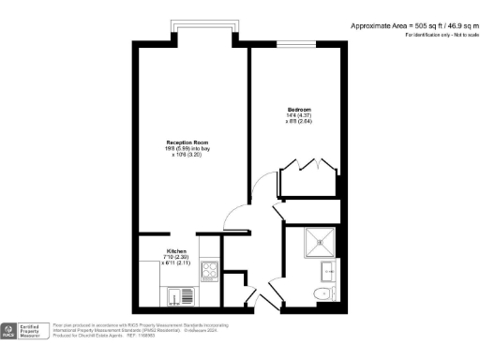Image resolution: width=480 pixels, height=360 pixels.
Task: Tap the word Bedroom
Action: coord(299,111)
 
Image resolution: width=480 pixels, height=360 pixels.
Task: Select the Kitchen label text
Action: coord(177,252)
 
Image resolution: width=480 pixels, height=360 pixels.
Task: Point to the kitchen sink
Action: coord(176,296)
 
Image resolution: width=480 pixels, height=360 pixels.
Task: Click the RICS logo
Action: coord(9,331)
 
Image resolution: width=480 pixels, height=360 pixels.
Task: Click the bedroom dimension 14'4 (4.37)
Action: coord(299,116)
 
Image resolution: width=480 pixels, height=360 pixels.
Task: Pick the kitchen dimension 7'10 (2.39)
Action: coord(177,258)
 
